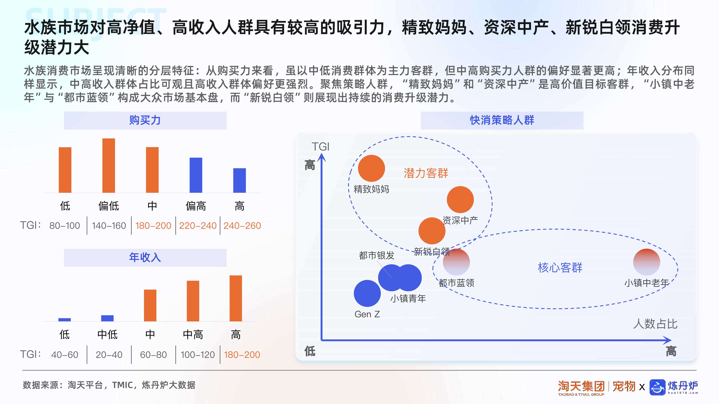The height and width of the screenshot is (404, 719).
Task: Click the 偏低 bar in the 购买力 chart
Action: [109, 165]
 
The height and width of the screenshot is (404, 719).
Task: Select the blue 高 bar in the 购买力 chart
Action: [239, 180]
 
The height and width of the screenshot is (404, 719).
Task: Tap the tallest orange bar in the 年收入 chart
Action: [236, 298]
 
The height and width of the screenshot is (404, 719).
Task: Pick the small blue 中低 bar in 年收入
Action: [107, 318]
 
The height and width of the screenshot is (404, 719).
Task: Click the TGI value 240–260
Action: [242, 226]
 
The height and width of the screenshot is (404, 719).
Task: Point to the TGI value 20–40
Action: [109, 355]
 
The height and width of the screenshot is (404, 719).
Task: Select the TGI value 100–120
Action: [198, 355]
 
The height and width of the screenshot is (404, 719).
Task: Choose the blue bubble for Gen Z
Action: [367, 293]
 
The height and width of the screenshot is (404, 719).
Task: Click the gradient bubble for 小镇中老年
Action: [646, 262]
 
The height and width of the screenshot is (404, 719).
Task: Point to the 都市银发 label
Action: [377, 255]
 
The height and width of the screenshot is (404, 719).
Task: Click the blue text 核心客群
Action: [560, 268]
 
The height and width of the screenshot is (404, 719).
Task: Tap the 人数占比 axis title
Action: [655, 324]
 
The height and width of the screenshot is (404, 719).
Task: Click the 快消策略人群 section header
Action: [502, 120]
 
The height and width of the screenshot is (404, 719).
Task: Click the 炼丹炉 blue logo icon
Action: [657, 387]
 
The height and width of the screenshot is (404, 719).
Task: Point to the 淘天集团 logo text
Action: [581, 386]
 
